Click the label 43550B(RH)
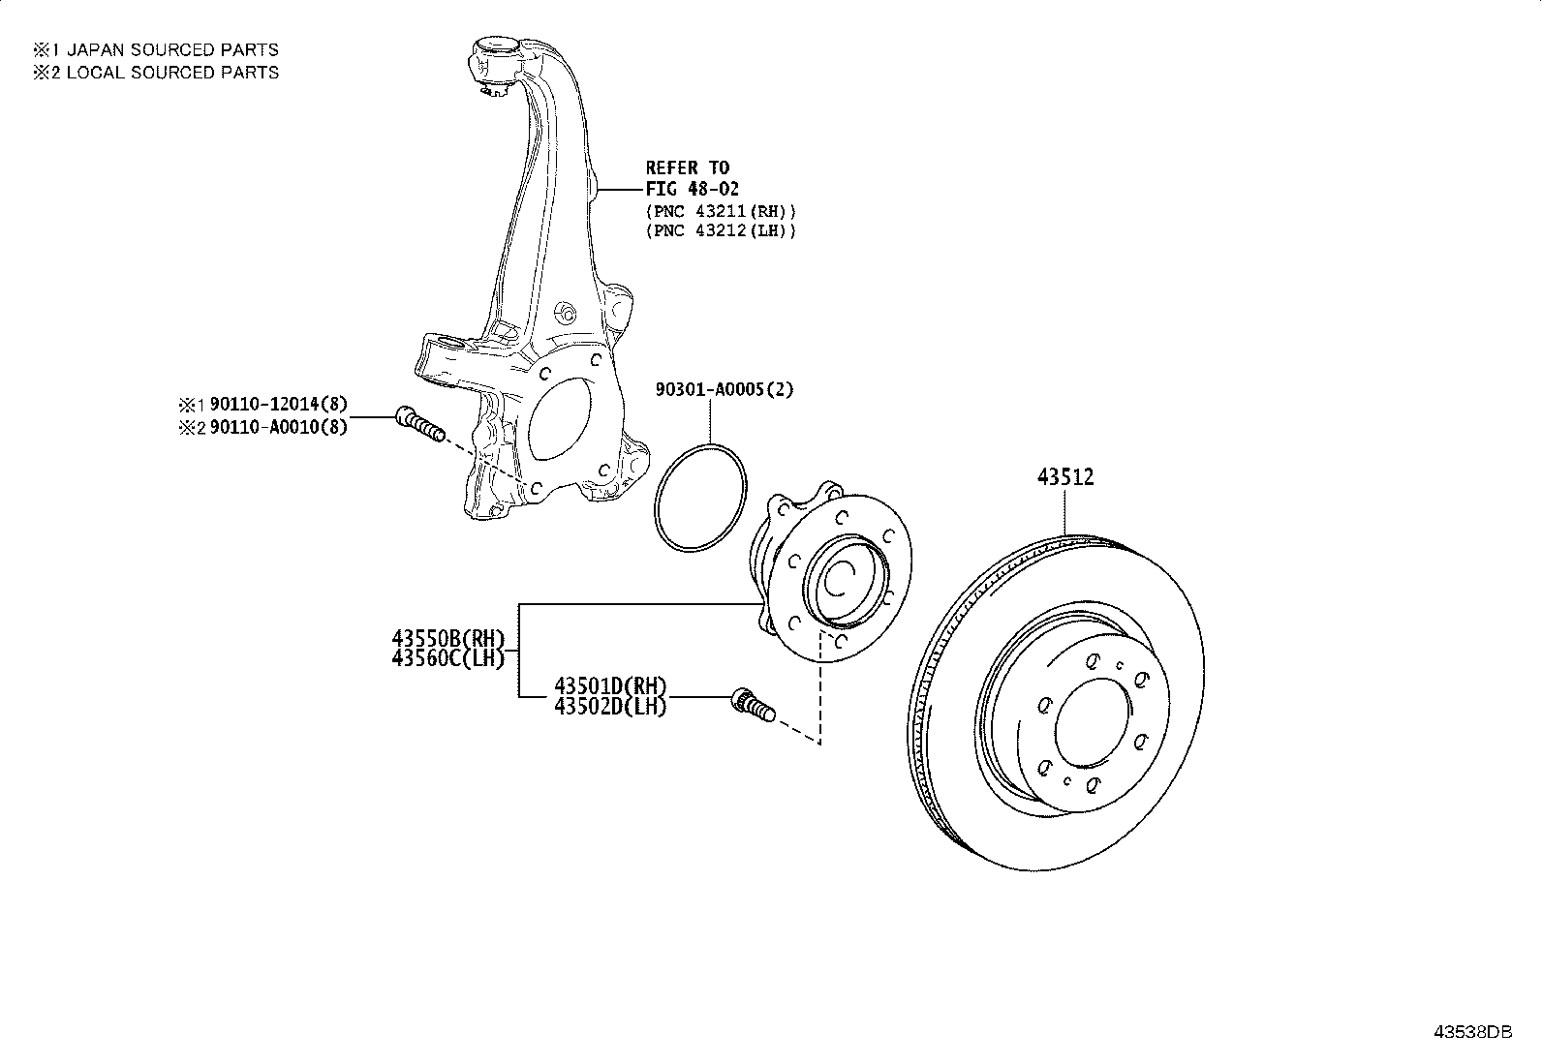(x=448, y=638)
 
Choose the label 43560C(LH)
(x=448, y=658)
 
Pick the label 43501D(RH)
(x=610, y=686)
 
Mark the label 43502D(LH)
(x=610, y=707)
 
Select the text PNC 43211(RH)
(x=721, y=210)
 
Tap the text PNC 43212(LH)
(x=721, y=230)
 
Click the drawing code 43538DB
(x=1472, y=1032)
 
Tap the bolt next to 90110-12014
(x=418, y=424)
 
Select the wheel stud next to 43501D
(x=753, y=705)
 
